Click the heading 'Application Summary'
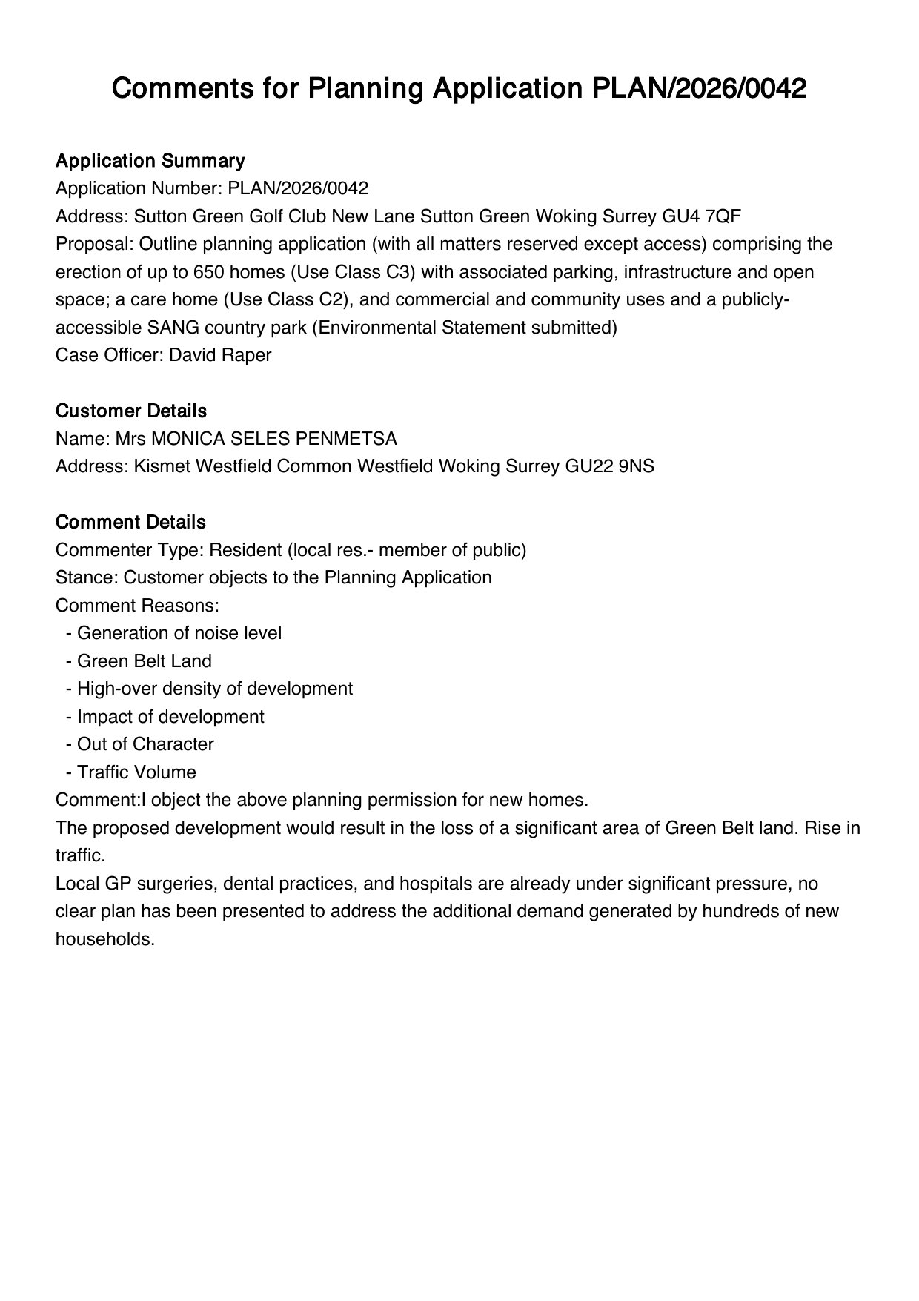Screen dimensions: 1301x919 (x=150, y=161)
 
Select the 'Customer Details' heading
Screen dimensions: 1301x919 (x=131, y=411)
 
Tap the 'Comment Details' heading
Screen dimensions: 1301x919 (x=130, y=522)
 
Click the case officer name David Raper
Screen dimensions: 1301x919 (x=220, y=355)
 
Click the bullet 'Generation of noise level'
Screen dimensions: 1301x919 (x=179, y=633)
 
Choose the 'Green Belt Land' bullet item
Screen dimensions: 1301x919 (x=144, y=661)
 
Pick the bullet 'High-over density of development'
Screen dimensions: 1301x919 (x=214, y=689)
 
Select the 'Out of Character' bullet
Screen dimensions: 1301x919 (x=145, y=744)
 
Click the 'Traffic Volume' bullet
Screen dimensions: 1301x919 (x=136, y=772)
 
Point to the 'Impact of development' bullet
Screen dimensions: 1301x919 (x=170, y=717)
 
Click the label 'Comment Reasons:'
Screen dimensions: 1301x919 (x=137, y=606)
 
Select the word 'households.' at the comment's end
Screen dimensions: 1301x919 (x=104, y=939)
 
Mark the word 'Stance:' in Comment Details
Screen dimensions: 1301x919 (x=87, y=577)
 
